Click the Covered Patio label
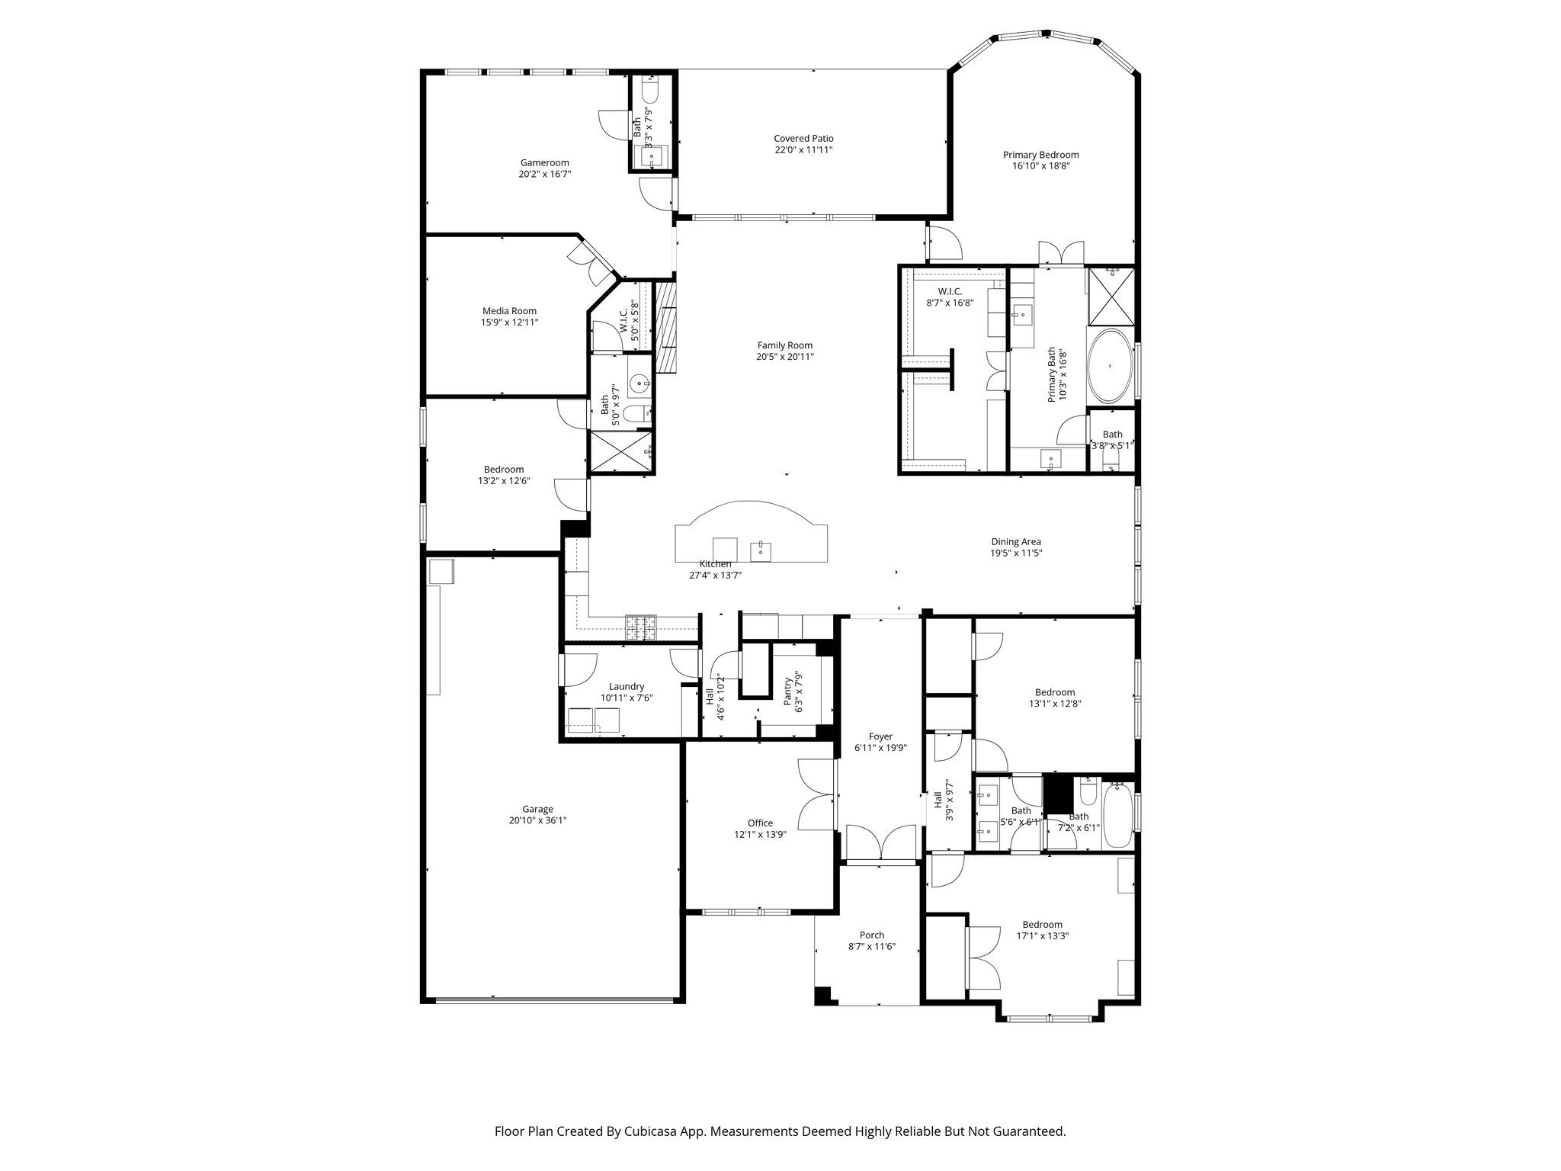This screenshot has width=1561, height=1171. pyautogui.click(x=803, y=139)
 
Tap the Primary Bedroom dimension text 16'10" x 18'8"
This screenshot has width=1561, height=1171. pyautogui.click(x=1040, y=165)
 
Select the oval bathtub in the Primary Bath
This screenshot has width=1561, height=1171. pyautogui.click(x=1110, y=367)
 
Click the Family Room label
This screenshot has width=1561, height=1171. pyautogui.click(x=784, y=345)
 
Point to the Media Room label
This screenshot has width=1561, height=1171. pyautogui.click(x=509, y=311)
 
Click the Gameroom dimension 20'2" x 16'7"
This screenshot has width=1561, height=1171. pyautogui.click(x=544, y=174)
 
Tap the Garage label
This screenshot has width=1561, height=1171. pyautogui.click(x=537, y=810)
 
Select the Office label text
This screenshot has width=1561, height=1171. pyautogui.click(x=760, y=823)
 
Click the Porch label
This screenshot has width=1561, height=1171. pyautogui.click(x=871, y=935)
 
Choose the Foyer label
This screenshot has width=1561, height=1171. pyautogui.click(x=880, y=736)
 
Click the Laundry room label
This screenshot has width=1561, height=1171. pyautogui.click(x=627, y=686)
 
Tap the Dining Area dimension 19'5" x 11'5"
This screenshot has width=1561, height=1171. pyautogui.click(x=1016, y=553)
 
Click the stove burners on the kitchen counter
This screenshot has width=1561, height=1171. pyautogui.click(x=641, y=627)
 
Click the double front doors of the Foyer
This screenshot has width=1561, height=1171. pyautogui.click(x=880, y=844)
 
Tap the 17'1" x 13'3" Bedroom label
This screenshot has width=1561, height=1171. pyautogui.click(x=1042, y=925)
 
